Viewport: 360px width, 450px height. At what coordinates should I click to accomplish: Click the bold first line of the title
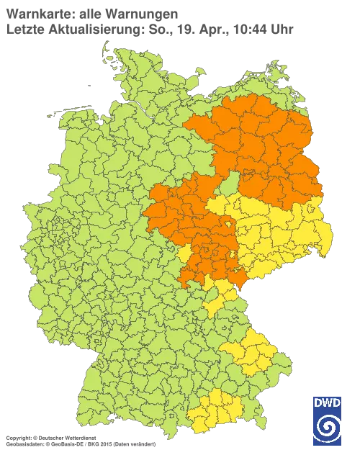pos(90,14)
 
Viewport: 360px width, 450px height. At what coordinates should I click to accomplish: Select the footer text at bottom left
pos(79,436)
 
